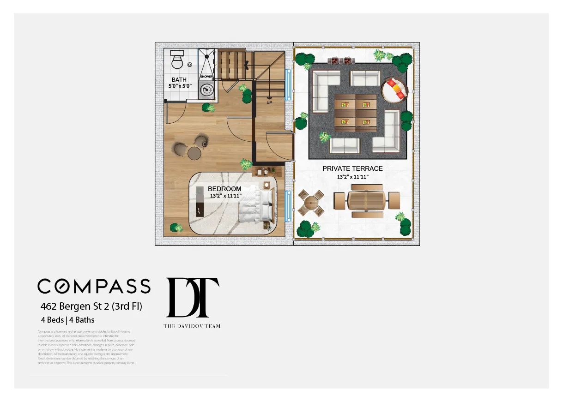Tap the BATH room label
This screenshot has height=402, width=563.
[179, 80]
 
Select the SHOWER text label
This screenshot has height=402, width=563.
[206, 77]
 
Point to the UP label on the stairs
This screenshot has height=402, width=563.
[269, 102]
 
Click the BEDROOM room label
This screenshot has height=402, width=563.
[224, 189]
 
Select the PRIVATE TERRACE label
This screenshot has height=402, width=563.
[352, 168]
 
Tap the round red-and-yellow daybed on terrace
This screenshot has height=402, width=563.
[395, 89]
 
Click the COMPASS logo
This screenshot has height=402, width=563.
[94, 286]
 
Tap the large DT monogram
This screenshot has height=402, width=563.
[192, 298]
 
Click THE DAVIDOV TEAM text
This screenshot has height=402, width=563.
[192, 326]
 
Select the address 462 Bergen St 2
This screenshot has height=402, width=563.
[91, 306]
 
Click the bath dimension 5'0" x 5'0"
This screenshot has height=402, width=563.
[180, 86]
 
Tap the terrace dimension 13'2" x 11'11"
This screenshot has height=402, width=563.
[352, 177]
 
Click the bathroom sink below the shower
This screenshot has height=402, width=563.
[206, 90]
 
